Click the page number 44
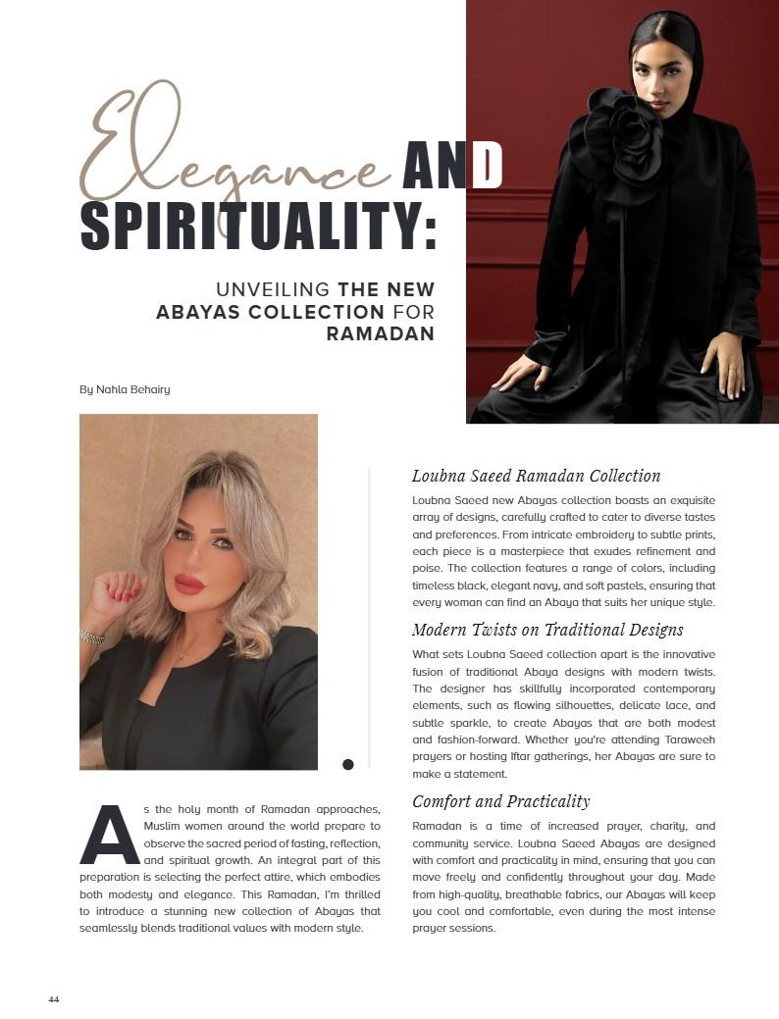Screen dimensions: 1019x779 click(54, 999)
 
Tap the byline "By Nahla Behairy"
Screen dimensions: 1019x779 click(125, 389)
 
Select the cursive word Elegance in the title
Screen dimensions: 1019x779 click(235, 157)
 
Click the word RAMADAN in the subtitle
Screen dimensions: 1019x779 click(380, 333)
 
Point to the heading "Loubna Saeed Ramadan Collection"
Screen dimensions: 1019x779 click(536, 476)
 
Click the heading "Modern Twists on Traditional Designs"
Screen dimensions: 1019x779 click(547, 630)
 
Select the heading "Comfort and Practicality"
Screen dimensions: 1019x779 click(500, 801)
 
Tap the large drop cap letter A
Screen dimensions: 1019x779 click(110, 835)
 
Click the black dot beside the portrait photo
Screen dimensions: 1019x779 click(347, 765)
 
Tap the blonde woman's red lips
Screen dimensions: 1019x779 click(188, 585)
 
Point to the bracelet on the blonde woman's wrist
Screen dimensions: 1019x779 click(91, 637)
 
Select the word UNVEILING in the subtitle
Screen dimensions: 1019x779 click(273, 290)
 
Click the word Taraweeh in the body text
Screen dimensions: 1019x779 click(687, 739)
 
